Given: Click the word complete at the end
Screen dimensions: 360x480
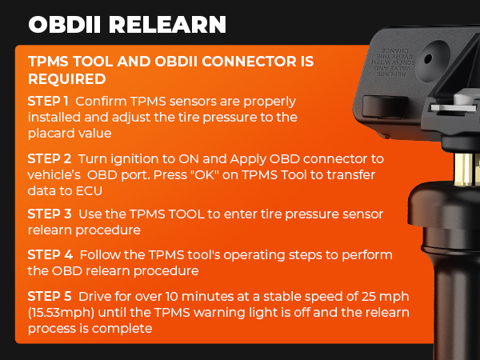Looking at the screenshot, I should click(x=126, y=327).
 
